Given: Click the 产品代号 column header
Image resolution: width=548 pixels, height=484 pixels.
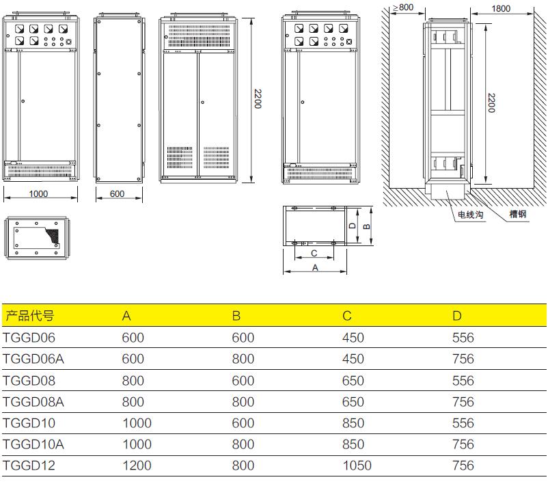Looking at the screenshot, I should tap(29, 316).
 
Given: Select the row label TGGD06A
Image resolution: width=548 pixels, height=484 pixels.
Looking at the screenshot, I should tap(33, 359).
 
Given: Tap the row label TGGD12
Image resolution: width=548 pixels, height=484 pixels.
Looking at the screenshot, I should tap(29, 466).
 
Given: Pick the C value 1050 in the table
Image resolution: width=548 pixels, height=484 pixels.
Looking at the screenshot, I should tap(357, 466).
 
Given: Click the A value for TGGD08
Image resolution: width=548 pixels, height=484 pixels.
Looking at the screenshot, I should tap(133, 380).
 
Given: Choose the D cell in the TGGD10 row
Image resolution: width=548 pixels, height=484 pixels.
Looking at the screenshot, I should tap(463, 423).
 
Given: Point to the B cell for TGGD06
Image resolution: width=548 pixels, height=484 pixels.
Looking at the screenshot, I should tap(243, 338).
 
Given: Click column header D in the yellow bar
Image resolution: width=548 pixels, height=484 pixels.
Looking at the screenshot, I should tap(457, 316).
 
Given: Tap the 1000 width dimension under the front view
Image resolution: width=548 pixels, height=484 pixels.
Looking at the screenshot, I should tap(38, 194).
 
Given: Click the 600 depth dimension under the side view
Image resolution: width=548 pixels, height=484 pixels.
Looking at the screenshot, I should tap(118, 194).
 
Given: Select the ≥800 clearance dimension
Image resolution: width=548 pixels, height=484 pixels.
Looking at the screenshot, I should tap(403, 8).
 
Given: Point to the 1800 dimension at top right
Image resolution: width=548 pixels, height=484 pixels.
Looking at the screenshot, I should tap(501, 9).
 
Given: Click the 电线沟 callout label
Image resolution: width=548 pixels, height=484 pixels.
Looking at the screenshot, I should tap(471, 215).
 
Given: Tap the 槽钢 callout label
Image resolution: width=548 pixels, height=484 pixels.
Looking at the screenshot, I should tap(518, 215).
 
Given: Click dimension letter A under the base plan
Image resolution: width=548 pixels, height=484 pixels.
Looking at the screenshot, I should tap(315, 268).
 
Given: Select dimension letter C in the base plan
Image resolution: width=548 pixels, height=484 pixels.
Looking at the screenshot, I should tap(314, 253).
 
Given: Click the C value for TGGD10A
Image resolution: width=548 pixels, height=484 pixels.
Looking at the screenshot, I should tap(353, 444).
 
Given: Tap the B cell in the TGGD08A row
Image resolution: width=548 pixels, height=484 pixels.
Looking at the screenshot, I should tap(243, 402).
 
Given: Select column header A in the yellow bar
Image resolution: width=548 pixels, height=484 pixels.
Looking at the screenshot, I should tap(126, 316).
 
